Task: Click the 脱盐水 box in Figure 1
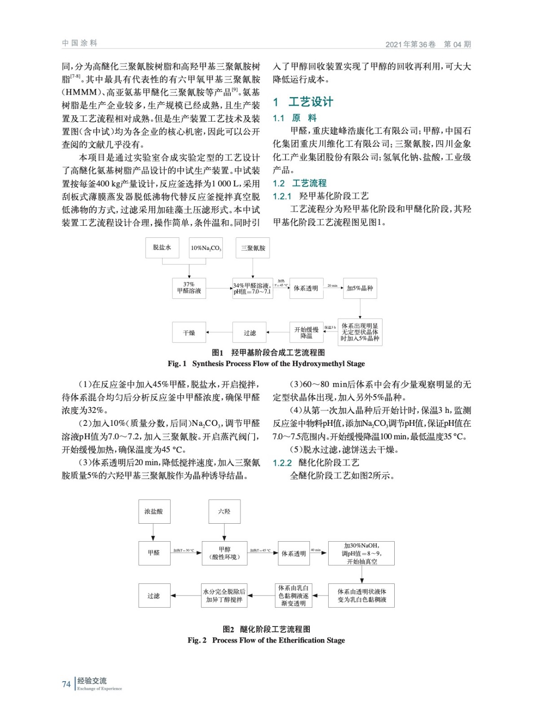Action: [x=162, y=248]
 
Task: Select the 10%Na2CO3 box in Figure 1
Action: [x=206, y=248]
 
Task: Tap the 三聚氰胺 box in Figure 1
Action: [x=253, y=248]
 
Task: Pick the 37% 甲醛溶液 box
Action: [x=189, y=288]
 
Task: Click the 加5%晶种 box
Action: [x=360, y=288]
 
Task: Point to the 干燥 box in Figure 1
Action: [x=189, y=333]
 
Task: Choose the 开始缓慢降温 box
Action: [x=306, y=333]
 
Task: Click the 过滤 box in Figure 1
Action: [x=250, y=333]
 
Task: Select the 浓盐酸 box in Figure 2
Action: [x=154, y=512]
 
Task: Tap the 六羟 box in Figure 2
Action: [x=224, y=512]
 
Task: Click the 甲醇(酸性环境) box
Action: [x=225, y=553]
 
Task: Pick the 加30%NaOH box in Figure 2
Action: [x=361, y=553]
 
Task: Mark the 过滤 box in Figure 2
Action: [x=154, y=595]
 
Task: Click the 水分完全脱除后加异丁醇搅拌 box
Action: [x=224, y=595]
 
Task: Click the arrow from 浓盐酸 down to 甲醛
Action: [x=154, y=532]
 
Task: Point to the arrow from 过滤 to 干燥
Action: [x=219, y=333]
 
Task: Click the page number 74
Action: [x=66, y=684]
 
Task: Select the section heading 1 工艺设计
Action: [x=303, y=102]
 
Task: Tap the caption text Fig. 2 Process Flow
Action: [x=266, y=640]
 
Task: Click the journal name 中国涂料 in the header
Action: [x=79, y=43]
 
